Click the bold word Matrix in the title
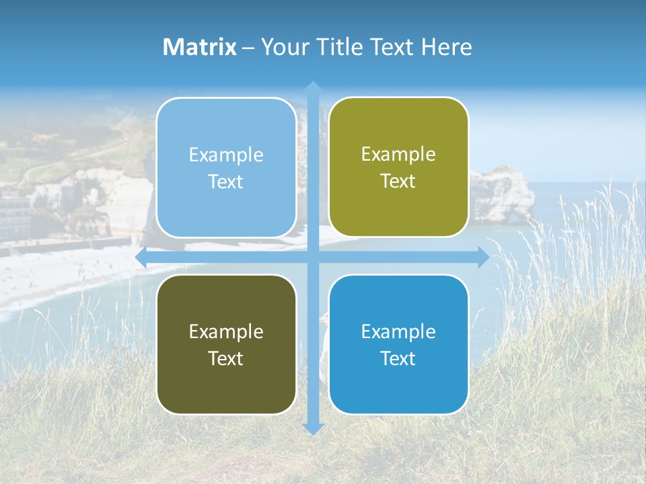[x=200, y=47]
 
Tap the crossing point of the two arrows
[x=312, y=257]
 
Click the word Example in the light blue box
[x=226, y=155]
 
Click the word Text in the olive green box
[x=398, y=182]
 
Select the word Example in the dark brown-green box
[x=226, y=331]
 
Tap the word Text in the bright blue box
[x=398, y=358]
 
